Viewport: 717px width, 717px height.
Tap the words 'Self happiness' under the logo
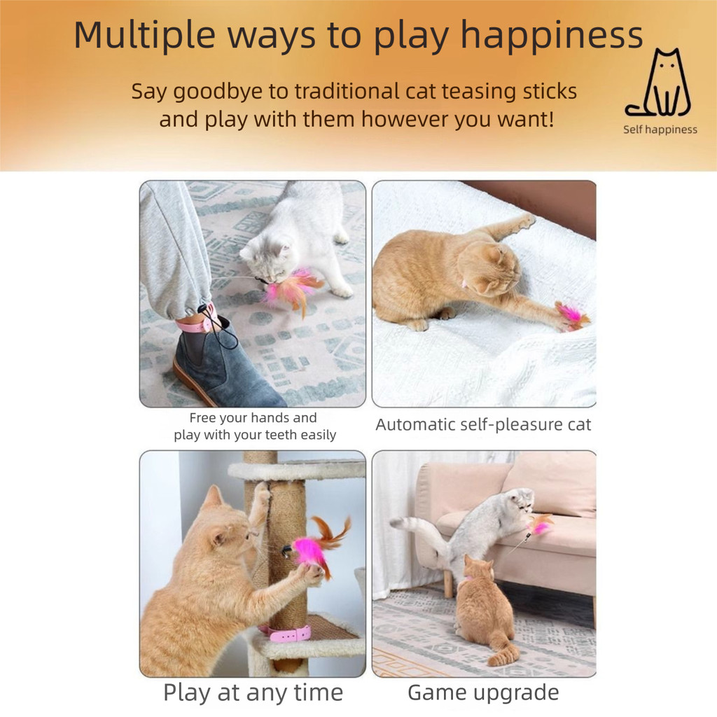pos(660,130)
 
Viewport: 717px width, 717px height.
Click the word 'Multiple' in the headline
pos(144,36)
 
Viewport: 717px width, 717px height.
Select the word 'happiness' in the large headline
pos(552,36)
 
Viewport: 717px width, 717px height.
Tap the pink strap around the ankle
pos(196,322)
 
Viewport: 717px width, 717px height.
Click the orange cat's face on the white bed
pos(494,270)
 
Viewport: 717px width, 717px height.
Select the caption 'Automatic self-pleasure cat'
pos(483,425)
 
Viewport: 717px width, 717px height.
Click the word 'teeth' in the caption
pos(282,434)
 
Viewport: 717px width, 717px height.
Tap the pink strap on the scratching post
pos(288,634)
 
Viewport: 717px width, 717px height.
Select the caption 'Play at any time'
pos(253,692)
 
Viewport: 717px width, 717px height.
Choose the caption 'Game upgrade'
pos(483,692)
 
